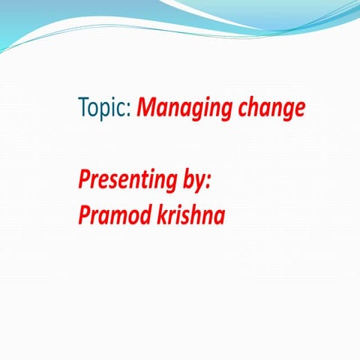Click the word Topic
104,109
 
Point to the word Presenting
128,181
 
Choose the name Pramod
116,214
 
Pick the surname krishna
193,214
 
